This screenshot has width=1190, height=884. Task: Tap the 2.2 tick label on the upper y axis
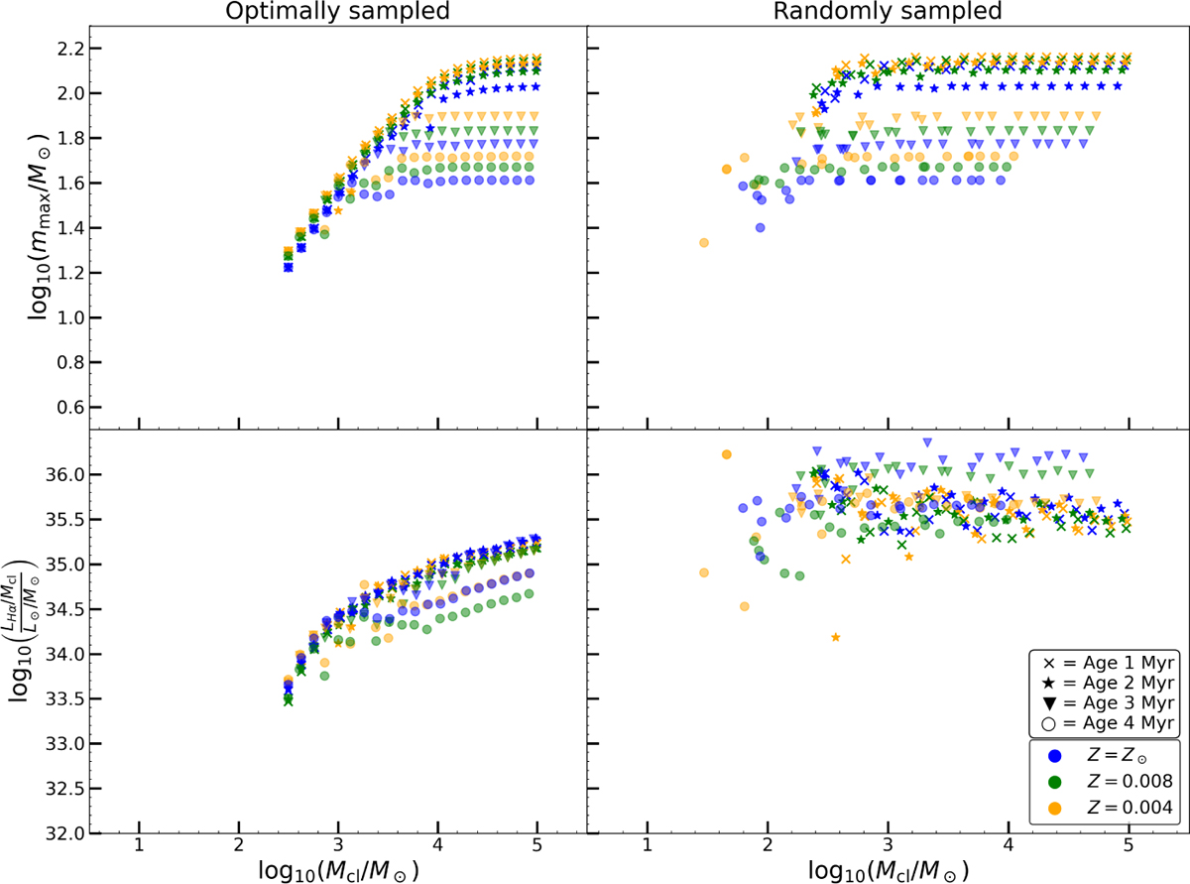pyautogui.click(x=65, y=49)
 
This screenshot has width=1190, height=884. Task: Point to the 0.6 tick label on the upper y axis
pyautogui.click(x=65, y=408)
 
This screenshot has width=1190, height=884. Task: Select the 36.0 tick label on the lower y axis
pyautogui.click(x=61, y=475)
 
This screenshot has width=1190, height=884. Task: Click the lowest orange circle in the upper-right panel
pyautogui.click(x=704, y=243)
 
